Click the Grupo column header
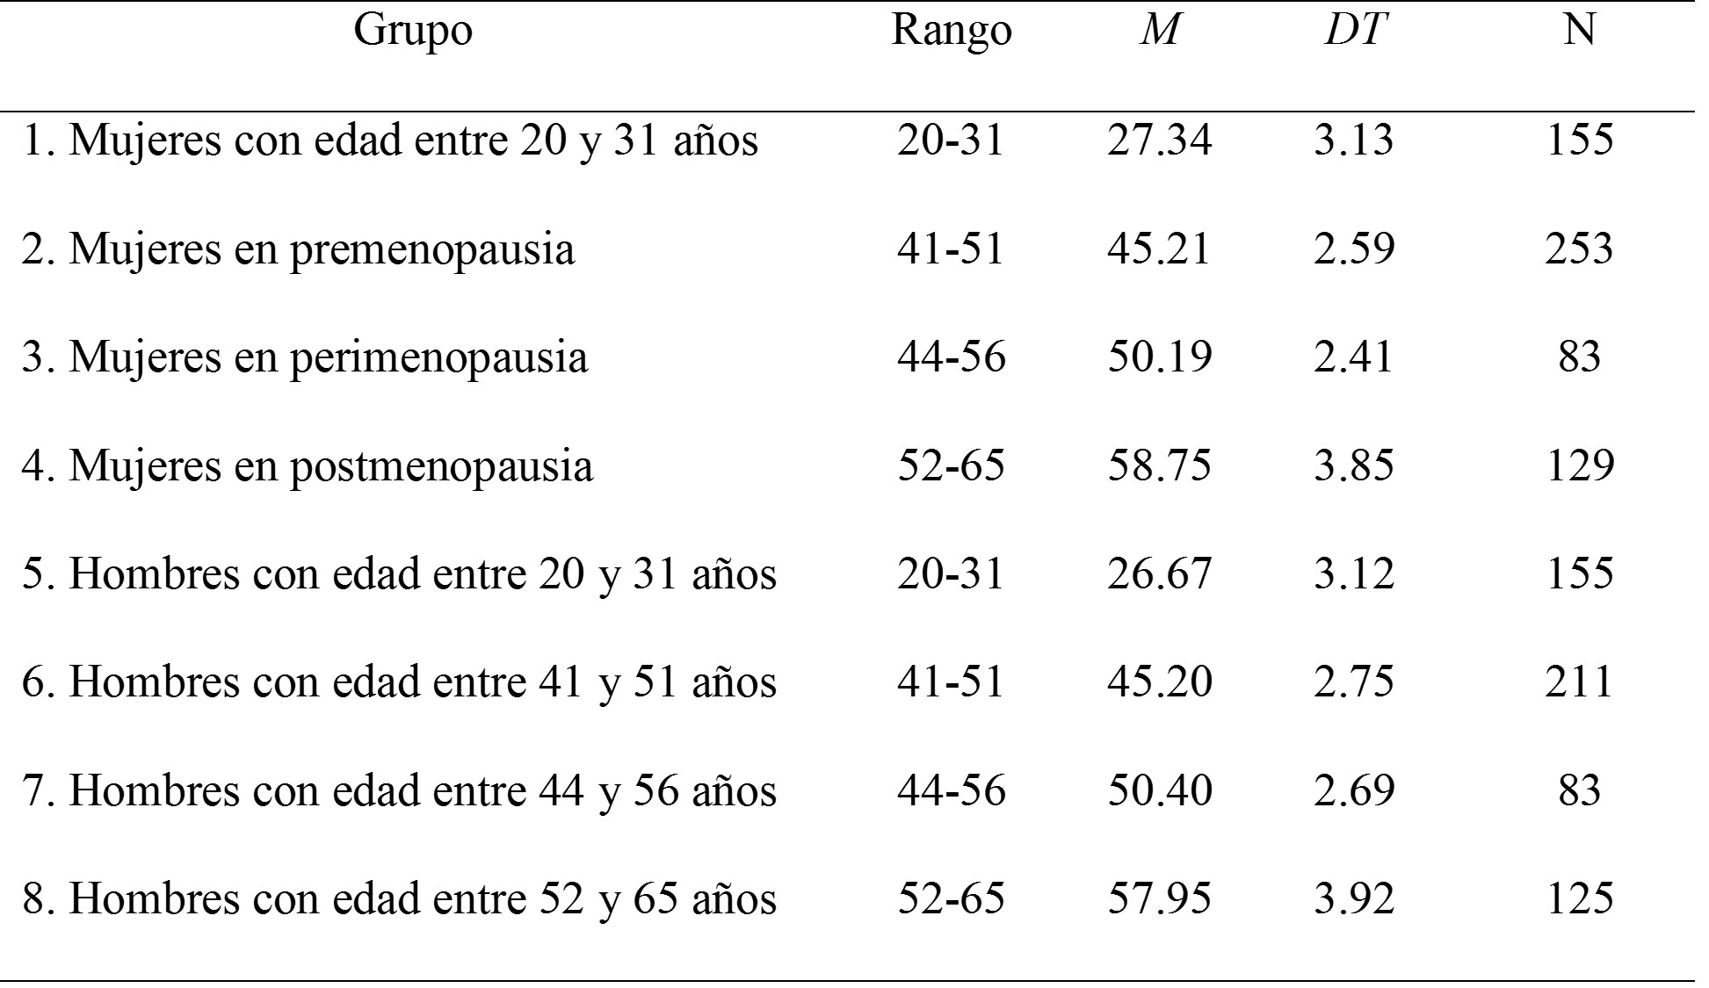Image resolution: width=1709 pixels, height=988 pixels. [413, 32]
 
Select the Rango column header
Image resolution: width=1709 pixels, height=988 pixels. [952, 32]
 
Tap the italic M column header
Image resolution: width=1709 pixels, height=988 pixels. [1159, 32]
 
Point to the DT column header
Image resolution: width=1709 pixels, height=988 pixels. [1353, 32]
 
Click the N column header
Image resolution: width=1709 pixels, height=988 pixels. [1579, 32]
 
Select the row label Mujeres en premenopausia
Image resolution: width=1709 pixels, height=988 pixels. [298, 249]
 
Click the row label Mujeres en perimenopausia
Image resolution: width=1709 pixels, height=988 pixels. [304, 357]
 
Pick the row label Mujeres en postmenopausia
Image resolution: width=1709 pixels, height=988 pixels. [307, 466]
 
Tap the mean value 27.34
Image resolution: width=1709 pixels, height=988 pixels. [1159, 141]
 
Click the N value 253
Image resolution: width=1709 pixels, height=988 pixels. [1579, 249]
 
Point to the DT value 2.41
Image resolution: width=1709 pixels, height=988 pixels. [1353, 357]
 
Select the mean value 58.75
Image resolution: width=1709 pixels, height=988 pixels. [1159, 466]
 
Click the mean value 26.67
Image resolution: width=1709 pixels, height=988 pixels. [1159, 574]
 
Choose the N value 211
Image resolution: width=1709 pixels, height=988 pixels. [1579, 682]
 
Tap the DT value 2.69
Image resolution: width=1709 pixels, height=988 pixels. [1353, 791]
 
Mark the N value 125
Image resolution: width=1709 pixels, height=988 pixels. [1579, 899]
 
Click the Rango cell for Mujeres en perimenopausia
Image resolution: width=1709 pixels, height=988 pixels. [951, 357]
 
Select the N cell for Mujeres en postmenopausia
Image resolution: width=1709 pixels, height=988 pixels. [1579, 466]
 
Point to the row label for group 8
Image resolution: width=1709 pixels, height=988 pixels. [399, 899]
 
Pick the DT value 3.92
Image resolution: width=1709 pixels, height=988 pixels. [1353, 899]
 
